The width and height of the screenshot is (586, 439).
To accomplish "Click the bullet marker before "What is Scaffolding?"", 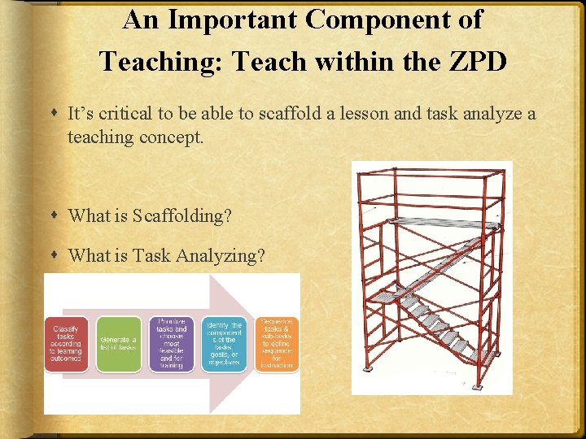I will click(54, 216).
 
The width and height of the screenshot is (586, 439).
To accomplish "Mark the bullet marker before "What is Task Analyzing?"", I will click(54, 256).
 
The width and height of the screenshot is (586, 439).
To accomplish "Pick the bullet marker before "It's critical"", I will click(54, 114).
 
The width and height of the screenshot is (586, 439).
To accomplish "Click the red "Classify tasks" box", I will click(66, 344).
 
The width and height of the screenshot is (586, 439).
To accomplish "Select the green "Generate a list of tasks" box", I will click(119, 344).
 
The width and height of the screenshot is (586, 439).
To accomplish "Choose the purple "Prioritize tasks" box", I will click(171, 344).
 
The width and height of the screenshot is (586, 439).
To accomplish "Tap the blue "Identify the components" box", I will click(224, 344).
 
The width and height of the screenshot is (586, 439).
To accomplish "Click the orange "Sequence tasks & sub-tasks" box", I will click(278, 344).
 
